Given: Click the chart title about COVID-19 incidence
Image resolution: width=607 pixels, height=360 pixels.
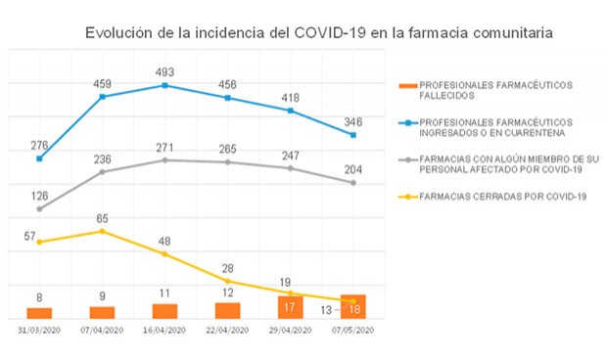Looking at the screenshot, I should point(318,33).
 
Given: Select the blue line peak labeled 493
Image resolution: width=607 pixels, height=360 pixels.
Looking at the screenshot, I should point(164,85).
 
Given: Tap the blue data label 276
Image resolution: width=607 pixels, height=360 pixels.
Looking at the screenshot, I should point(39,146).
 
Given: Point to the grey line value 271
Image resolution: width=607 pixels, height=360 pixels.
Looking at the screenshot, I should point(164,147).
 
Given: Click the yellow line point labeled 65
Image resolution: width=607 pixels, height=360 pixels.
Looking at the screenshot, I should point(102,231).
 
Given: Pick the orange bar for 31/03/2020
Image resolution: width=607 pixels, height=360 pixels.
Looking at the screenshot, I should point(39,312).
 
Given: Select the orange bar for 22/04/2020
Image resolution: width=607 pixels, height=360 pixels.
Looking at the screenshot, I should point(227,310).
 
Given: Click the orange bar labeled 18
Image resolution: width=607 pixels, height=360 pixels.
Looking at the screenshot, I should point(353,306).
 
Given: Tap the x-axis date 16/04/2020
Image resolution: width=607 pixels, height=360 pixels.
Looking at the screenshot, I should point(164,331).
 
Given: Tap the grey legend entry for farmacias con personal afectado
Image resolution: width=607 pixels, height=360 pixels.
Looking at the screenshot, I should point(499,162).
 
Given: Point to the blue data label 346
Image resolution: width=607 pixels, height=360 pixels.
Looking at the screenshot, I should point(352,121).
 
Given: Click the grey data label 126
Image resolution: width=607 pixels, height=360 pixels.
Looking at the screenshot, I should point(39,195).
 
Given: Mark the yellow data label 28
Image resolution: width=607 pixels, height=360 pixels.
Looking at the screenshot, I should point(228,268).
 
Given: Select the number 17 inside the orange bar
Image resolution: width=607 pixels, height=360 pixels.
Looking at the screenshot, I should point(290,307).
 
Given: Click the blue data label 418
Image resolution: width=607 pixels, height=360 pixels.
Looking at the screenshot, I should point(291,98).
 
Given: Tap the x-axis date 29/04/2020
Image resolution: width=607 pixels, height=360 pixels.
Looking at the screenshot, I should point(291,331).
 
